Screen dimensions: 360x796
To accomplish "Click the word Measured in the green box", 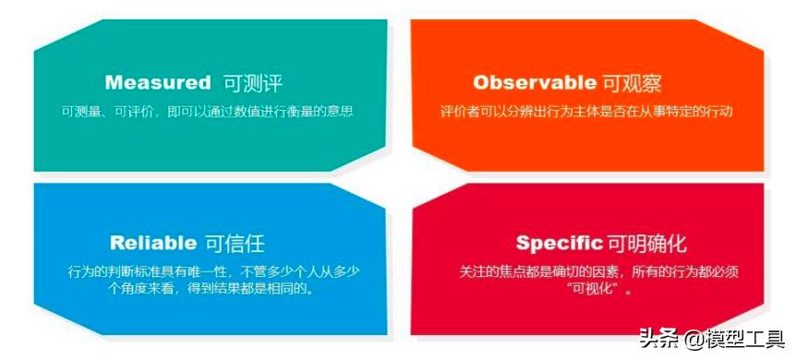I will tap(158, 82).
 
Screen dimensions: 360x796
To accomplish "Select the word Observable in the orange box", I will tap(535, 82).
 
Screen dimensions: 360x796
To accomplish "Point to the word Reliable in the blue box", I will tap(153, 243).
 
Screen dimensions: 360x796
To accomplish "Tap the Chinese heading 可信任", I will tap(234, 243).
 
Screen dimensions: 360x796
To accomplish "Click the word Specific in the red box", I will tap(559, 243).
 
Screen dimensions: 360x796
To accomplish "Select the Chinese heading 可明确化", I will tap(646, 243).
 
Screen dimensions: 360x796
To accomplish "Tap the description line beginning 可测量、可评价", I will tap(208, 111).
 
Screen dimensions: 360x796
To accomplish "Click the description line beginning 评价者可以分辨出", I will tap(586, 111).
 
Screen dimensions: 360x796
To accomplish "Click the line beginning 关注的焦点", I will tap(599, 271).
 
